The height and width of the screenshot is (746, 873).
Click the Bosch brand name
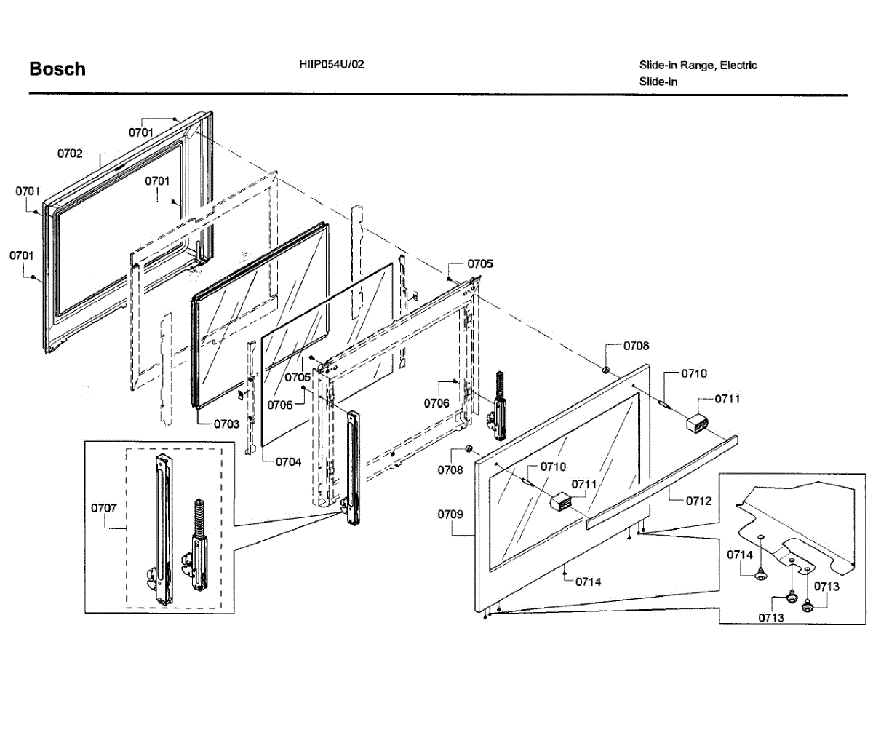[x=57, y=69]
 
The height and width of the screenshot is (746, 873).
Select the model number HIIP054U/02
[x=331, y=64]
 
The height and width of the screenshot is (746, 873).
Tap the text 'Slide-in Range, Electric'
[x=698, y=66]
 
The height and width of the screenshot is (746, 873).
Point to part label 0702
[x=70, y=154]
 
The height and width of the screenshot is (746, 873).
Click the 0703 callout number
[x=226, y=424]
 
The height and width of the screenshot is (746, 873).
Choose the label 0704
[x=288, y=461]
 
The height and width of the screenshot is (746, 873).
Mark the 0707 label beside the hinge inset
[x=103, y=508]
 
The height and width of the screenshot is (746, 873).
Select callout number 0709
[x=450, y=515]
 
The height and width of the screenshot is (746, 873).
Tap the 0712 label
[x=698, y=501]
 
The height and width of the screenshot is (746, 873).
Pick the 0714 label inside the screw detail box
[x=740, y=555]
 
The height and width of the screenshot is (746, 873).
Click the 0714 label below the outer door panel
[x=589, y=582]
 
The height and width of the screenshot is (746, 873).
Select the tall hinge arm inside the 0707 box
[x=163, y=528]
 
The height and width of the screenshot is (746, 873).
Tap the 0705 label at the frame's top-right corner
[x=479, y=263]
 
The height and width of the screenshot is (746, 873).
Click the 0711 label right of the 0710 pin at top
[x=727, y=399]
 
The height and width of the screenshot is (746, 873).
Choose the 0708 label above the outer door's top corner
[x=636, y=346]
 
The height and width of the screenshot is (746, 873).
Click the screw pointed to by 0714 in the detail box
[x=760, y=576]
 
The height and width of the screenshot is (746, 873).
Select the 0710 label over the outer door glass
[x=553, y=467]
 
